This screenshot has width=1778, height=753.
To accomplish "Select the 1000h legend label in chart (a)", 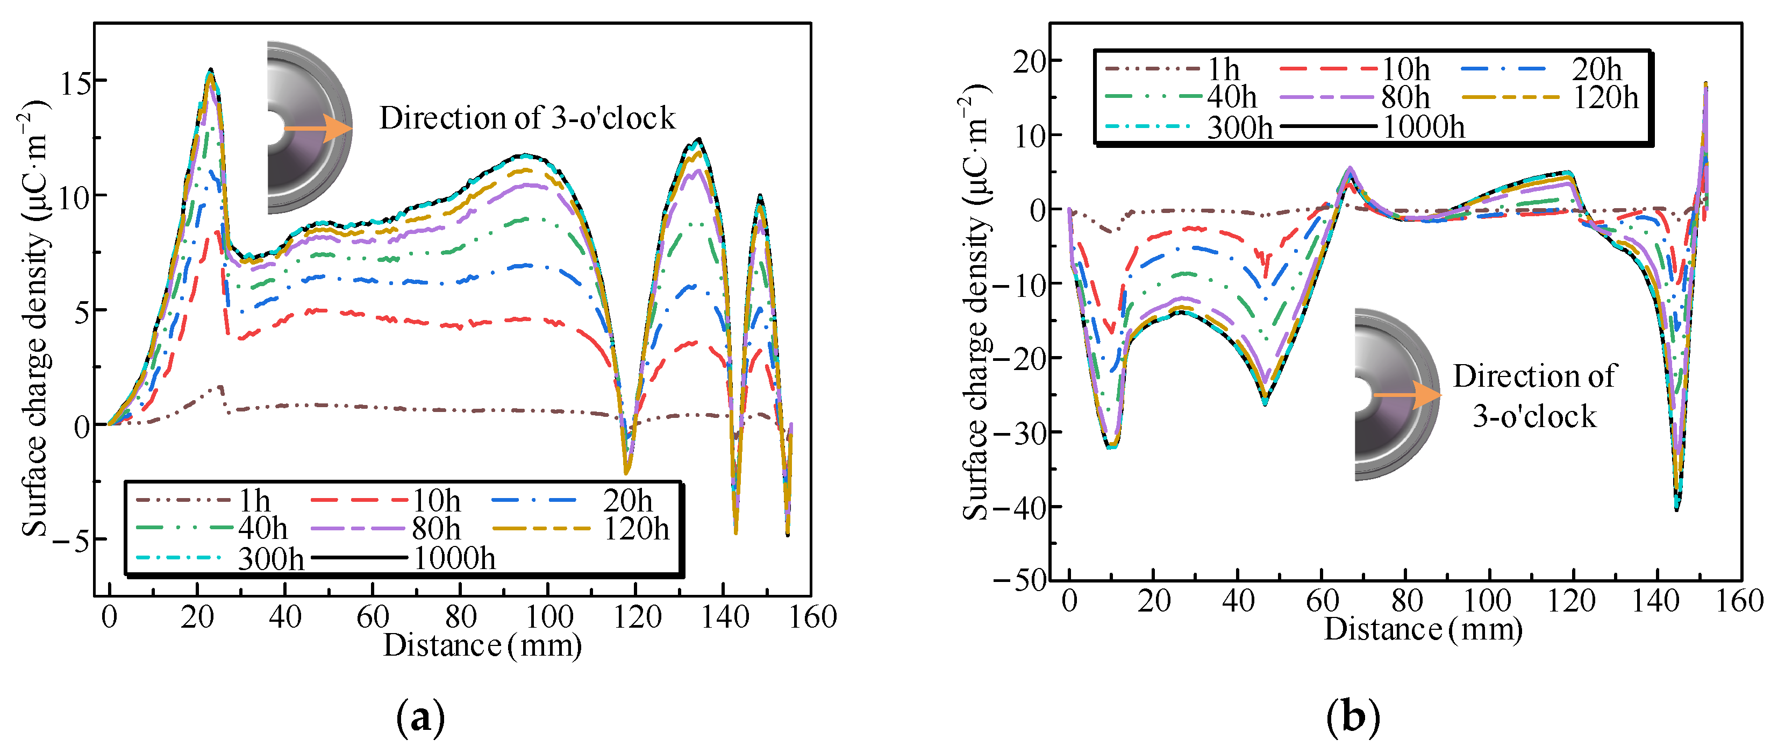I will tap(454, 558).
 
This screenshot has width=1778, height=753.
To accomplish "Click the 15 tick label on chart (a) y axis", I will tap(75, 83).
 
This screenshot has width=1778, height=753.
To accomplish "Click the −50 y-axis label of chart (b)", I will tap(1019, 580).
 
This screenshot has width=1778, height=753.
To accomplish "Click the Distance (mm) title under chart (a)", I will tap(482, 645).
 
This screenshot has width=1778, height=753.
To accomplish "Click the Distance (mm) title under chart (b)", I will tap(1423, 629).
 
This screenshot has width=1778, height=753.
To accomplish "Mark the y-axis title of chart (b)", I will tap(975, 302).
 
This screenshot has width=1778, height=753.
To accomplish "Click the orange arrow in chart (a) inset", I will tap(318, 129).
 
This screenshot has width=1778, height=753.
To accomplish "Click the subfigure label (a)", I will tap(420, 719).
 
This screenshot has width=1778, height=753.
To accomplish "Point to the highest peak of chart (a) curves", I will tap(211, 70).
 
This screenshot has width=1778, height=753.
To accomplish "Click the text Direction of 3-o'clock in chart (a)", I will tap(527, 118).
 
